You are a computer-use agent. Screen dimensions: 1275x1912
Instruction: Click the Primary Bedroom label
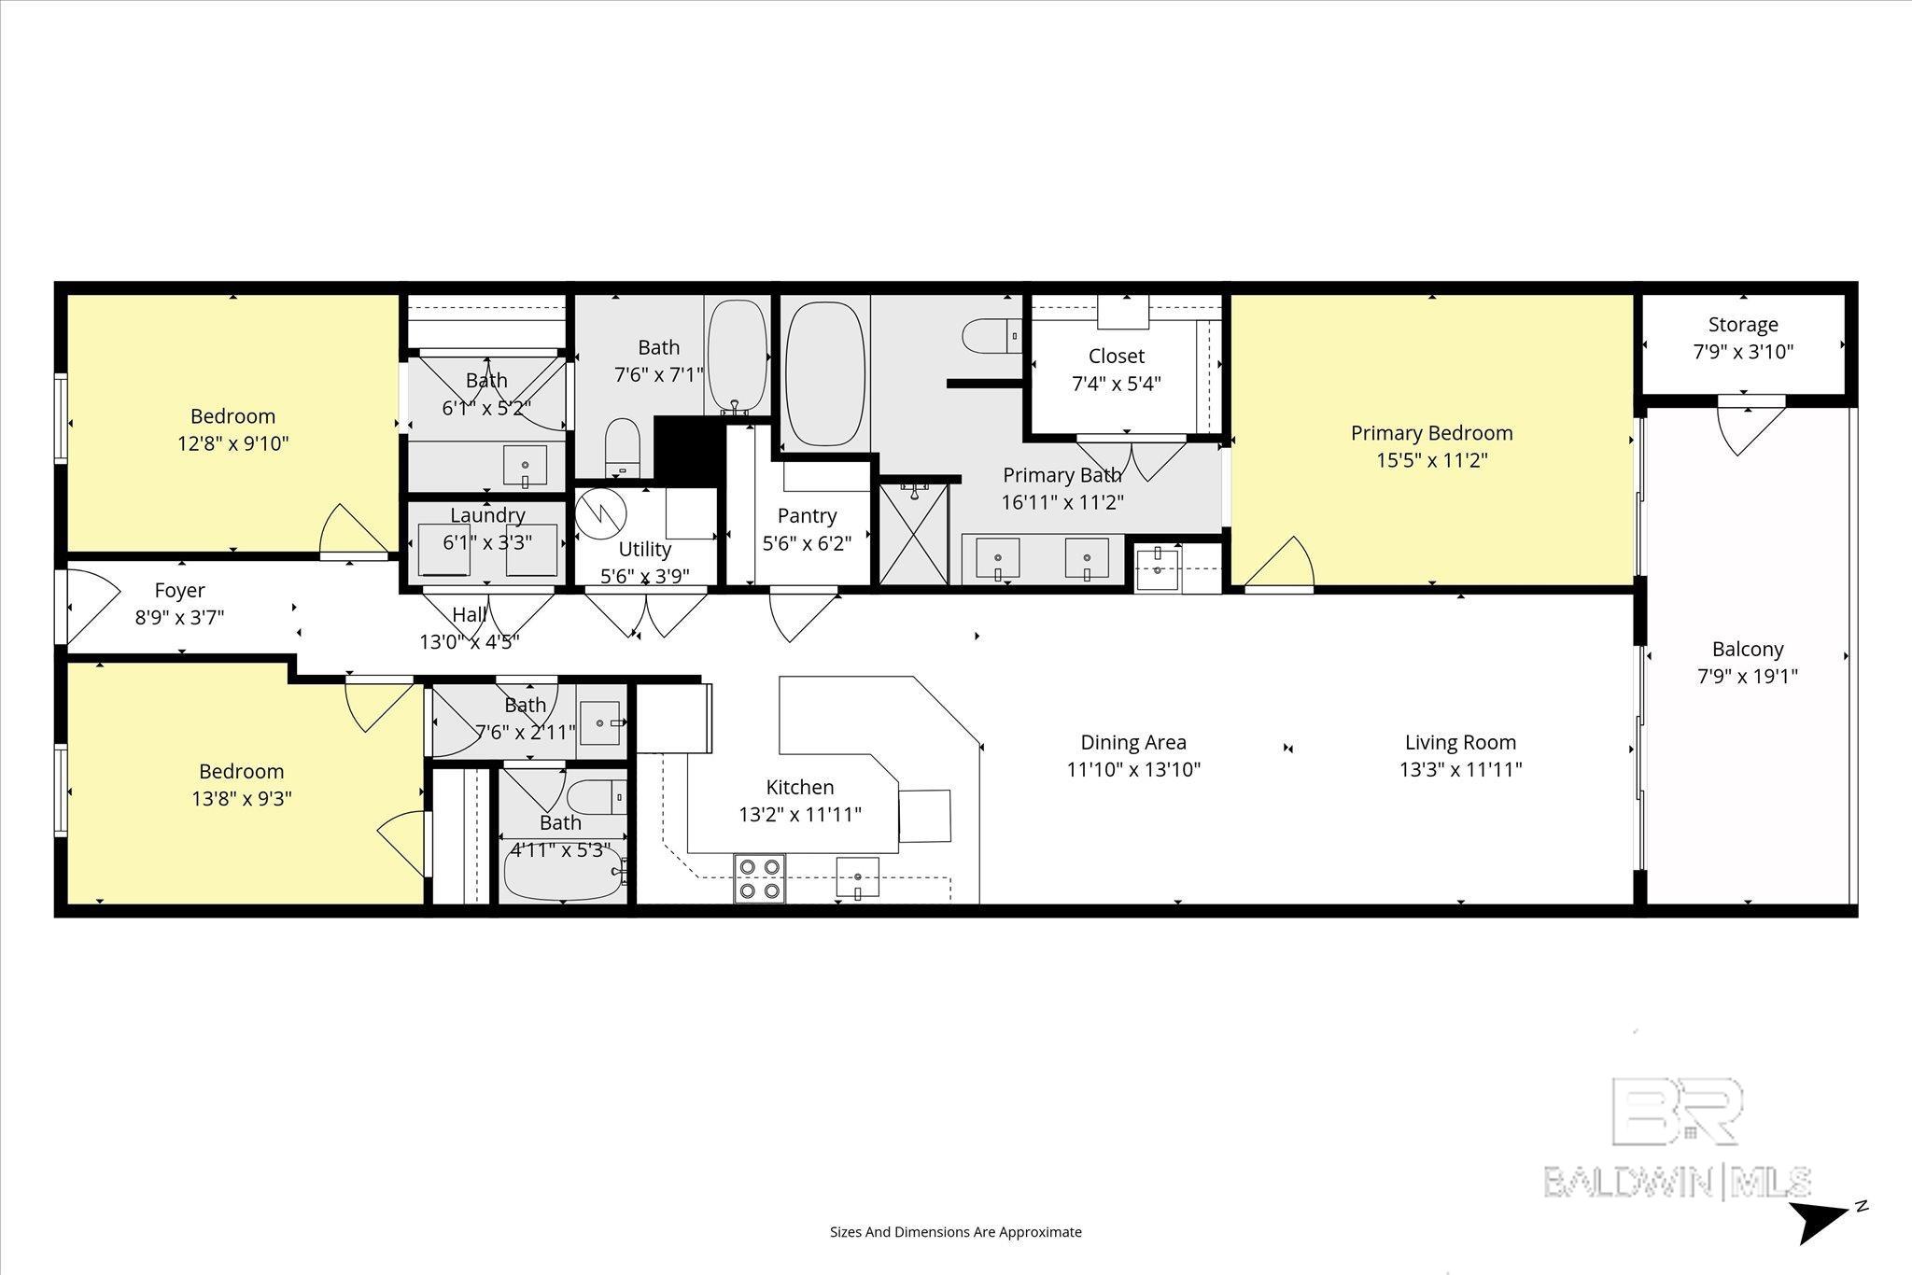coord(1431,433)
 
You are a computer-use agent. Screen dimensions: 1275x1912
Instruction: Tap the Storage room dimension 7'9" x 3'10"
coord(1743,352)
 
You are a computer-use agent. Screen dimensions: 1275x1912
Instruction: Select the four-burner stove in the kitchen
coord(759,878)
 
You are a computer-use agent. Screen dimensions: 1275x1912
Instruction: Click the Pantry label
coord(807,516)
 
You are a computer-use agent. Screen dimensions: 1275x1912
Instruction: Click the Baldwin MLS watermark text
coord(1678,1182)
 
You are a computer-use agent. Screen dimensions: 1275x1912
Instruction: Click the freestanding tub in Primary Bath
coord(825,372)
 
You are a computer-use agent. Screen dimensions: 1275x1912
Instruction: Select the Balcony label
coord(1748,649)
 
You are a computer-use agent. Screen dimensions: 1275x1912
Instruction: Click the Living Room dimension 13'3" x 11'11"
coord(1460,769)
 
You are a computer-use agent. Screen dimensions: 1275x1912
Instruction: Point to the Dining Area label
coord(1133,742)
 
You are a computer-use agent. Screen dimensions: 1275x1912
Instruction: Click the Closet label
coord(1116,356)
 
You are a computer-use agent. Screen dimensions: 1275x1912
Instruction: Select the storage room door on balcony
coord(1750,428)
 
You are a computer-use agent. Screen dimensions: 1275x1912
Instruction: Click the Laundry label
coord(487,515)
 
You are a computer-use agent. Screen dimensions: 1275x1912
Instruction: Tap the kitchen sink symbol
coord(858,877)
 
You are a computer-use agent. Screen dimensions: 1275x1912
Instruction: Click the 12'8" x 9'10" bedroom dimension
coord(233,443)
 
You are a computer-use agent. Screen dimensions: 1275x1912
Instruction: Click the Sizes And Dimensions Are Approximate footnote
coord(955,1232)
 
